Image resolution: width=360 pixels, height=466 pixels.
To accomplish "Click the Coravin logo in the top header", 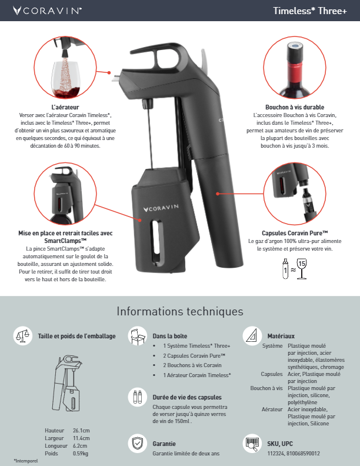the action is [x=47, y=11].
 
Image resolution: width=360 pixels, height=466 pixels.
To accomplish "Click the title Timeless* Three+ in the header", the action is [x=310, y=11].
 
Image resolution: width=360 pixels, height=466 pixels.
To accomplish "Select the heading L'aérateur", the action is [x=65, y=107].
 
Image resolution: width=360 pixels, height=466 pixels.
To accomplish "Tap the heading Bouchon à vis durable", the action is [x=295, y=107].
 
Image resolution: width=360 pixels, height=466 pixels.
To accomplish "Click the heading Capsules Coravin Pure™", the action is [x=295, y=234].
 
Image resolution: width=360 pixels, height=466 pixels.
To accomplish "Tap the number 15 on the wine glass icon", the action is [x=302, y=264].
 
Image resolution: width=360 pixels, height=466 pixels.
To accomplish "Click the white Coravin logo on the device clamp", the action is [x=161, y=208].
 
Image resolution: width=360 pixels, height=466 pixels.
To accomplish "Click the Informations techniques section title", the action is [x=180, y=311].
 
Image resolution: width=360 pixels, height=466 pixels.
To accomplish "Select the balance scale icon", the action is [x=23, y=336].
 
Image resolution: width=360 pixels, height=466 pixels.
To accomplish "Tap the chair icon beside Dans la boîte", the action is [x=138, y=336].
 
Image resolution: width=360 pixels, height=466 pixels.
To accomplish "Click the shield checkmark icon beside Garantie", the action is [x=138, y=444].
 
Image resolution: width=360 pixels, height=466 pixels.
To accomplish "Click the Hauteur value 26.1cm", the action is [x=81, y=431].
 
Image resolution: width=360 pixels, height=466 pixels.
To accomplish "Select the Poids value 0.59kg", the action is [x=81, y=454].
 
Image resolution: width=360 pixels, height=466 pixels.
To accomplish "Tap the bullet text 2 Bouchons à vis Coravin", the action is [x=192, y=365].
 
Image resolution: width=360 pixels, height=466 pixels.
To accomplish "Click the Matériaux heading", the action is [x=281, y=336].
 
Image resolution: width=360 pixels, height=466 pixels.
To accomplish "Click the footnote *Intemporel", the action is [x=26, y=461].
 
